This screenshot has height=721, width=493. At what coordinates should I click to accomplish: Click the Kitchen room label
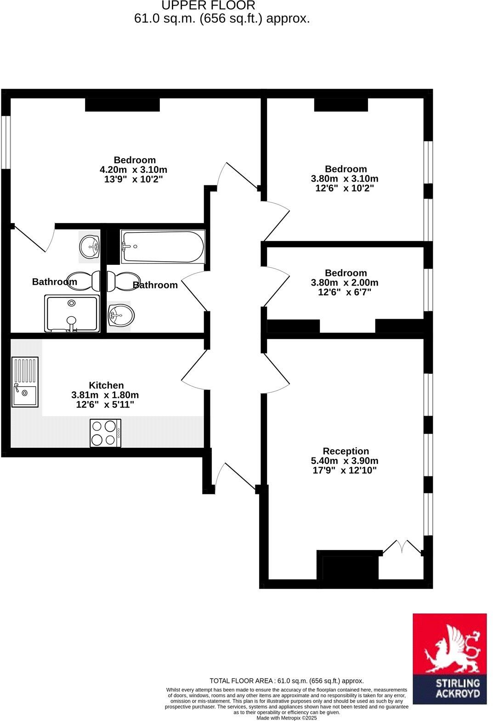click(106, 385)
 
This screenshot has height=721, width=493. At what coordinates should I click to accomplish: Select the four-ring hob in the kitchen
click(106, 433)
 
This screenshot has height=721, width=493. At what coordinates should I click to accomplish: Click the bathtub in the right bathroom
click(163, 247)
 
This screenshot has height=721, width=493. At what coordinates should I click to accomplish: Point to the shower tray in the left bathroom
click(72, 314)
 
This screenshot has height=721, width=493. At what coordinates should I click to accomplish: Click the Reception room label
click(346, 451)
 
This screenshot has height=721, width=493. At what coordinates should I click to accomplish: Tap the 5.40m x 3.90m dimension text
click(345, 461)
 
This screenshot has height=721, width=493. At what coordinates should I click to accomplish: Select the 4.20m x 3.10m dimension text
click(134, 170)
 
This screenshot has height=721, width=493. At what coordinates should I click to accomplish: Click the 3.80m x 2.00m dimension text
click(345, 282)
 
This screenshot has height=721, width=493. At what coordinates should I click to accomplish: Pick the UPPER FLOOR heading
click(208, 6)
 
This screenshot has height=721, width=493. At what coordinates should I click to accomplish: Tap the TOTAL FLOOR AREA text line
click(286, 681)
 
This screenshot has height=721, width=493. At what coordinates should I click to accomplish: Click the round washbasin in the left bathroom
click(90, 246)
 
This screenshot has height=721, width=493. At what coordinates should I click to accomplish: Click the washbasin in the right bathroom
click(120, 316)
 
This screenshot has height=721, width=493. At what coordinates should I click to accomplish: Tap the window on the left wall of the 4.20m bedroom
click(6, 142)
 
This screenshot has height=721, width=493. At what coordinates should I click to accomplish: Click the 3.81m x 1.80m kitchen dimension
click(105, 395)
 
